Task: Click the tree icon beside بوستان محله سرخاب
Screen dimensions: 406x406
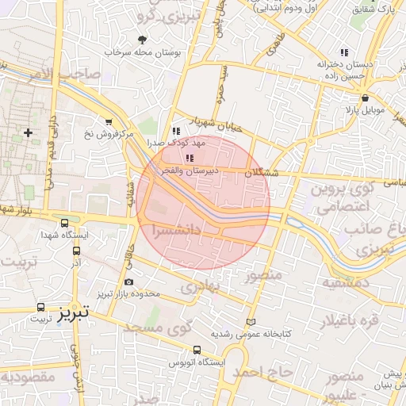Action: click(142, 39)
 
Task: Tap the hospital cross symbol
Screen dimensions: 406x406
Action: click(29, 132)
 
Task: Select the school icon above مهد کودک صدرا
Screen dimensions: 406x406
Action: click(175, 132)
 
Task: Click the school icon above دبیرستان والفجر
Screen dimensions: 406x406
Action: click(188, 159)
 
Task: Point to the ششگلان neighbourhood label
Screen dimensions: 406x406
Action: click(261, 172)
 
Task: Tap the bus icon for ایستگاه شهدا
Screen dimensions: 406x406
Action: click(63, 224)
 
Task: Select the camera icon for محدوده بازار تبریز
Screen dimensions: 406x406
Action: click(128, 281)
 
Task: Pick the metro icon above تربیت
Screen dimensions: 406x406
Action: click(40, 306)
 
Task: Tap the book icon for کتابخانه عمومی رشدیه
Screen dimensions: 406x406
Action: click(251, 323)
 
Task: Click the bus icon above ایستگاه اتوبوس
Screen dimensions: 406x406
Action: click(197, 350)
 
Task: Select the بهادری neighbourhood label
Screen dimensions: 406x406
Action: click(198, 285)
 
